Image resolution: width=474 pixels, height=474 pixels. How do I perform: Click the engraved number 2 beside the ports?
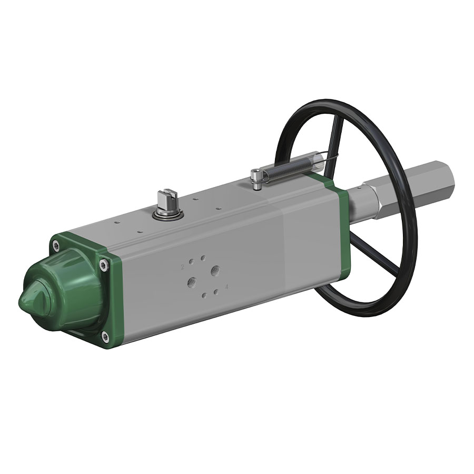[x=183, y=268]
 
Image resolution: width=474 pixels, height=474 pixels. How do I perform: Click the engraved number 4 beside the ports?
[x=226, y=287]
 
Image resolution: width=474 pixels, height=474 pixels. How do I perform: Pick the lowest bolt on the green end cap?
[x=105, y=335]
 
